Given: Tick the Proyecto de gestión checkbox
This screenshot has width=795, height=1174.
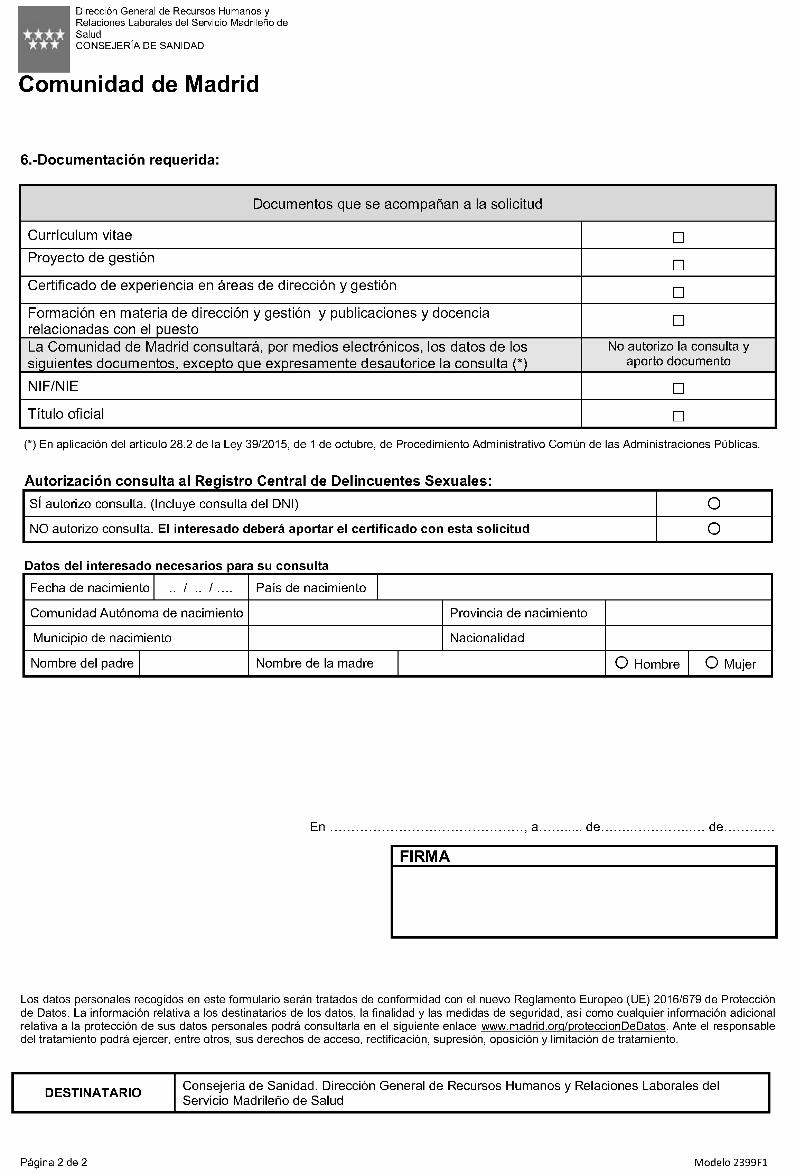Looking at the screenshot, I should pos(678,265).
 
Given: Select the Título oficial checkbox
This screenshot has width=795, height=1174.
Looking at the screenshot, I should pos(678,416).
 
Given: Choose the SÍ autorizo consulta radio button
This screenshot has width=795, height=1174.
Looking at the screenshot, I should pos(714,503).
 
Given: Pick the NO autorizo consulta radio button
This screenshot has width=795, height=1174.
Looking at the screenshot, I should pos(714,528).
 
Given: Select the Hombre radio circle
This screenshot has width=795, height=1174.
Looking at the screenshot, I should pos(621,662).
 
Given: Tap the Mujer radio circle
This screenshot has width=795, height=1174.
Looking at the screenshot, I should pos(711,662).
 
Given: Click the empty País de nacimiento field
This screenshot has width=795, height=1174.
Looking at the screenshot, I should pos(574,587).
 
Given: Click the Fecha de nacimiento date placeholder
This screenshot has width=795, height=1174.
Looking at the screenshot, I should pos(200,588).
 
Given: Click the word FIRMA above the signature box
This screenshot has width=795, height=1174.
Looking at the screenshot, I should pos(424,856).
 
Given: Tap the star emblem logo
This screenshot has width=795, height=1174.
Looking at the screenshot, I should pos(44,39).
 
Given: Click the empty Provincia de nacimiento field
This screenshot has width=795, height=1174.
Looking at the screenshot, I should pos(688,613).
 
